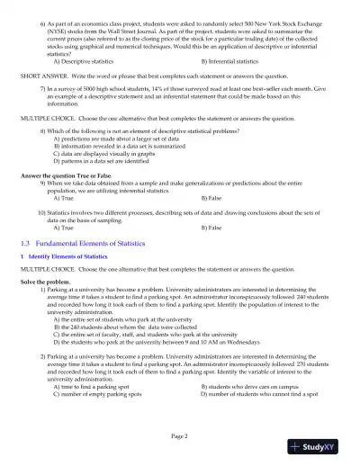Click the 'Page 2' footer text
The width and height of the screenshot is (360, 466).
point(179,436)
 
